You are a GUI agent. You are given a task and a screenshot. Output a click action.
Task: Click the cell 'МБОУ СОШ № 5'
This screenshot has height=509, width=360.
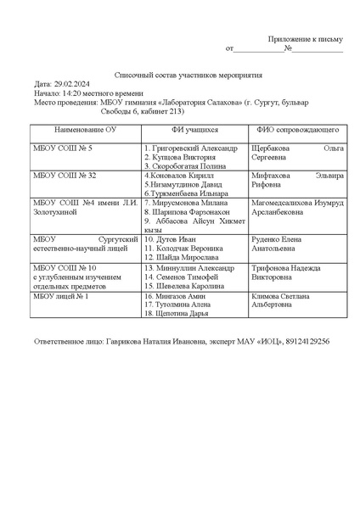click(x=59, y=148)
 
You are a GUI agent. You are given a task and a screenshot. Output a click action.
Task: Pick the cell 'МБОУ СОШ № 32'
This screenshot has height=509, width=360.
click(x=61, y=176)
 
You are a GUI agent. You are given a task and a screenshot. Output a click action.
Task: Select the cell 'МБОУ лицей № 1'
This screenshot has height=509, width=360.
click(x=60, y=297)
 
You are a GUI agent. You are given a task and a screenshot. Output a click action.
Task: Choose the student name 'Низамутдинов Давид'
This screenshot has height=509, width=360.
click(x=188, y=184)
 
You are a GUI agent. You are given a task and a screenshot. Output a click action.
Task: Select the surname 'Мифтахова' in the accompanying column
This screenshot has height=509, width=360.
click(x=274, y=176)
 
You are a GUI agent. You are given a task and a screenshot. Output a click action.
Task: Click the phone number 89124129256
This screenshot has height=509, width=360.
click(x=301, y=341)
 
